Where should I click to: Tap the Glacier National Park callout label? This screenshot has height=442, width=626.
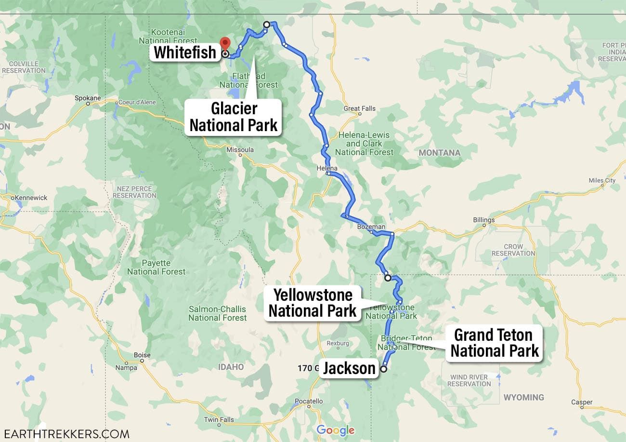click(x=234, y=117)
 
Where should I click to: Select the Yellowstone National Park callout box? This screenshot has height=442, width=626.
click(x=313, y=303)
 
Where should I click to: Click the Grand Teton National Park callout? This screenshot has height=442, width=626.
click(x=494, y=343)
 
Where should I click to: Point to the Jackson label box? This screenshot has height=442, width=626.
click(x=349, y=368)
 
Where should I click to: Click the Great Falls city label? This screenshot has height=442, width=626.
click(x=360, y=108)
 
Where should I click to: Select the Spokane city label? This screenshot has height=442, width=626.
click(x=88, y=98)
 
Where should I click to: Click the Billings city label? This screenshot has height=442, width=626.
click(x=483, y=220)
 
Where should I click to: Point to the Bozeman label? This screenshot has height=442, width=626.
click(x=371, y=227)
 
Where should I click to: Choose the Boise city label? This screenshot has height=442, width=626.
click(x=142, y=355)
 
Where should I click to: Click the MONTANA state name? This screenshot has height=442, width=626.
click(x=439, y=153)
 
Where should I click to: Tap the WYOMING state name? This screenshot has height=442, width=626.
click(x=523, y=398)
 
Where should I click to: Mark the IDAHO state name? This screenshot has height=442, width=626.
click(x=231, y=367)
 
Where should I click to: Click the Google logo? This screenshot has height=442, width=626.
click(x=335, y=430)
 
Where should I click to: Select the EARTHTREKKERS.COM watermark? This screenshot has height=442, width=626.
click(x=65, y=433)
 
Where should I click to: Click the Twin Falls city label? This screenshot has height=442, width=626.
click(x=219, y=419)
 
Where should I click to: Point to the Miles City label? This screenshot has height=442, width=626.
click(x=602, y=180)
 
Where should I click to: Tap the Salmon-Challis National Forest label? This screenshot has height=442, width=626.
click(x=217, y=313)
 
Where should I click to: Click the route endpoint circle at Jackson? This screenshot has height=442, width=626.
click(x=384, y=369)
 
